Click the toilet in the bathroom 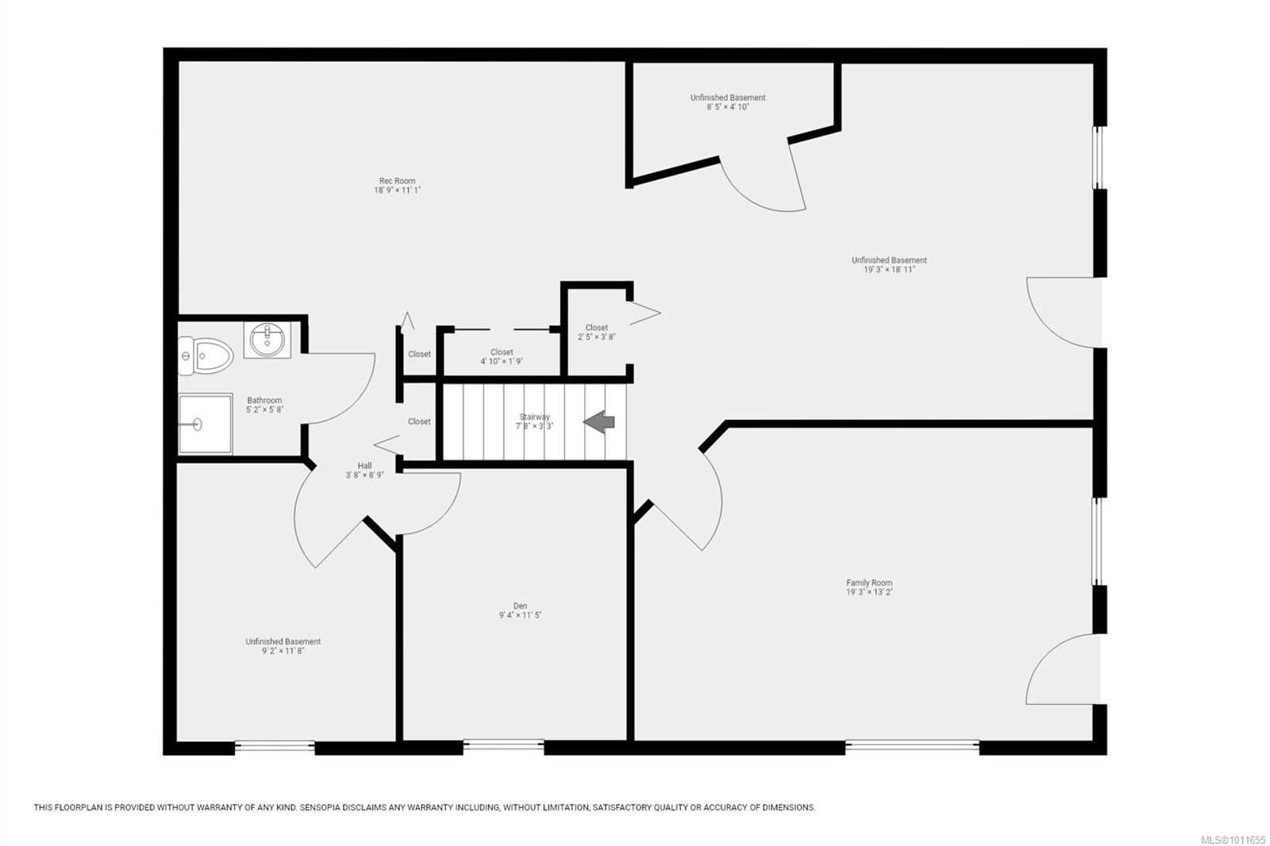click(205, 356)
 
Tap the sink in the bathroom click(267, 340)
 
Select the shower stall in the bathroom click(206, 424)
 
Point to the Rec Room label click(397, 181)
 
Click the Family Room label click(869, 583)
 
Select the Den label click(520, 606)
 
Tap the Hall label click(364, 466)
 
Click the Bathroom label click(264, 400)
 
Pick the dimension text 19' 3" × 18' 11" click(889, 269)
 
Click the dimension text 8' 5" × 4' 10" click(728, 106)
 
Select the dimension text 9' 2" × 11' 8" click(283, 651)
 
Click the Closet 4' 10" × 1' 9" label click(502, 356)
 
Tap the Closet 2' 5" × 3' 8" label click(596, 333)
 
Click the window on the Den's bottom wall click(503, 746)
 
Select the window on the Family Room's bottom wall click(912, 746)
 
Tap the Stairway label click(535, 417)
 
